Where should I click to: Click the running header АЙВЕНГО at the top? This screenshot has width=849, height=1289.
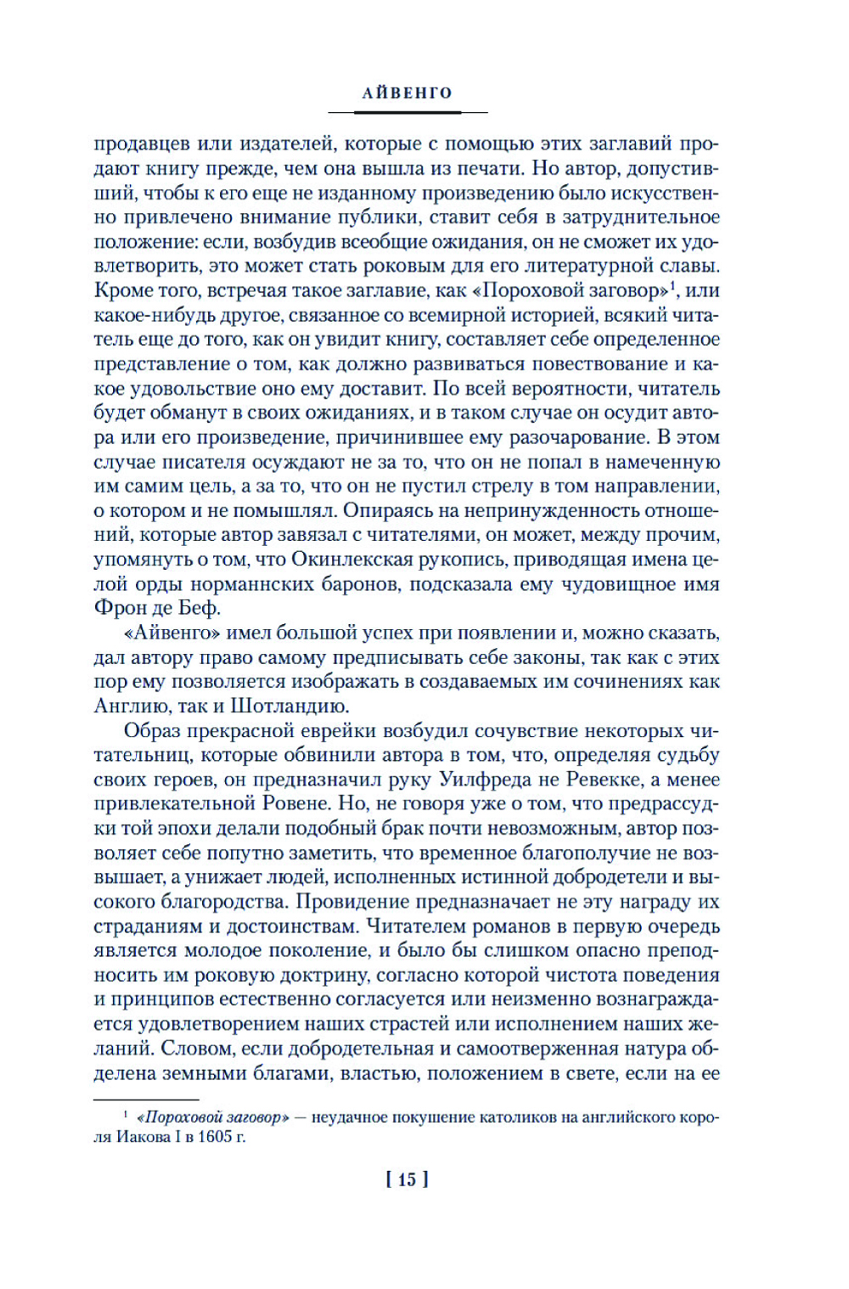[407, 93]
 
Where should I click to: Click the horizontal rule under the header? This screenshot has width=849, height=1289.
[407, 112]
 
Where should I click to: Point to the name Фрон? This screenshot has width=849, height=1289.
[119, 609]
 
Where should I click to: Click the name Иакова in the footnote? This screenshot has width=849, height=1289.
[142, 1137]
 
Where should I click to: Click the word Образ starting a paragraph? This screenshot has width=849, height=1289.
[153, 730]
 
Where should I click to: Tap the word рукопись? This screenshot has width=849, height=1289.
[462, 560]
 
